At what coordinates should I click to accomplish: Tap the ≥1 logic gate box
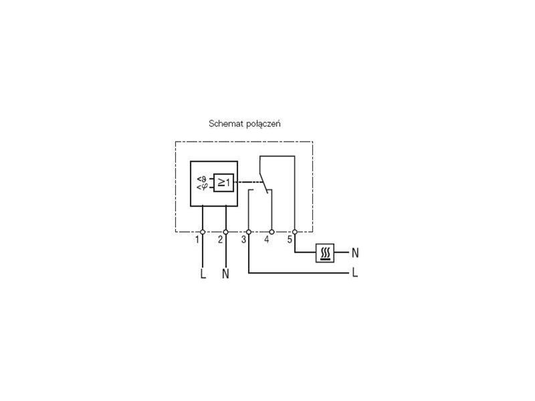223,182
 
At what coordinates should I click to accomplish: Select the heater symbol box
325,253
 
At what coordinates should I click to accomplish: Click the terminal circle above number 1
203,232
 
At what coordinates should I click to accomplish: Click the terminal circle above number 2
225,232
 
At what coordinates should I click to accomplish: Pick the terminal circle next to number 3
249,232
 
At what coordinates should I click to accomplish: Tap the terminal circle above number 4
272,232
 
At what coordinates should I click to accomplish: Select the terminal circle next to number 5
295,232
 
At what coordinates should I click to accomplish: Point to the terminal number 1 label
197,240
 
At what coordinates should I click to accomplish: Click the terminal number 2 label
221,240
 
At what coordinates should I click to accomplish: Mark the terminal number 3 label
243,240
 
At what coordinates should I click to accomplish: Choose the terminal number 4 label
266,240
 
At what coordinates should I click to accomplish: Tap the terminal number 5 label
290,240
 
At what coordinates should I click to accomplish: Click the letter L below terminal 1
203,274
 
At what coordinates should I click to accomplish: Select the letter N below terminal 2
225,274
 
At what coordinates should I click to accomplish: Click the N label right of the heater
355,253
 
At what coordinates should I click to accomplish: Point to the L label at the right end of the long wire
355,273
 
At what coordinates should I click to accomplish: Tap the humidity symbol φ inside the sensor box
204,187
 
